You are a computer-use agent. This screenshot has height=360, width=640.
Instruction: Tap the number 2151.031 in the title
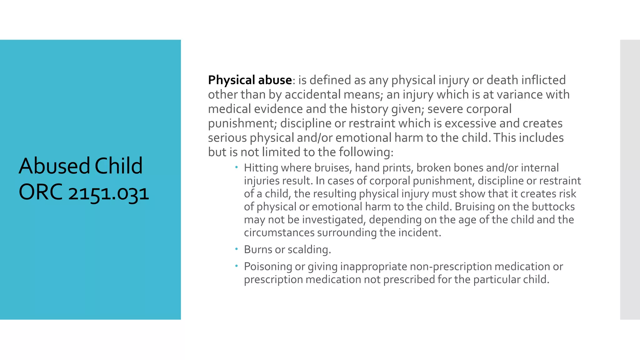tap(108, 193)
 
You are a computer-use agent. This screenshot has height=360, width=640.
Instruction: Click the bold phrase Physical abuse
tap(250, 80)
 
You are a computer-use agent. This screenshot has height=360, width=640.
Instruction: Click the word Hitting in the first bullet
tap(261, 168)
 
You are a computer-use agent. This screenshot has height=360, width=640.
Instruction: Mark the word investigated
tap(333, 220)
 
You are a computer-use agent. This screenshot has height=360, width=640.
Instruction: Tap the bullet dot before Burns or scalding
tap(237, 249)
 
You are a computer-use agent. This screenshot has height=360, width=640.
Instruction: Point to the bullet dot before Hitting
tap(237, 167)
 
